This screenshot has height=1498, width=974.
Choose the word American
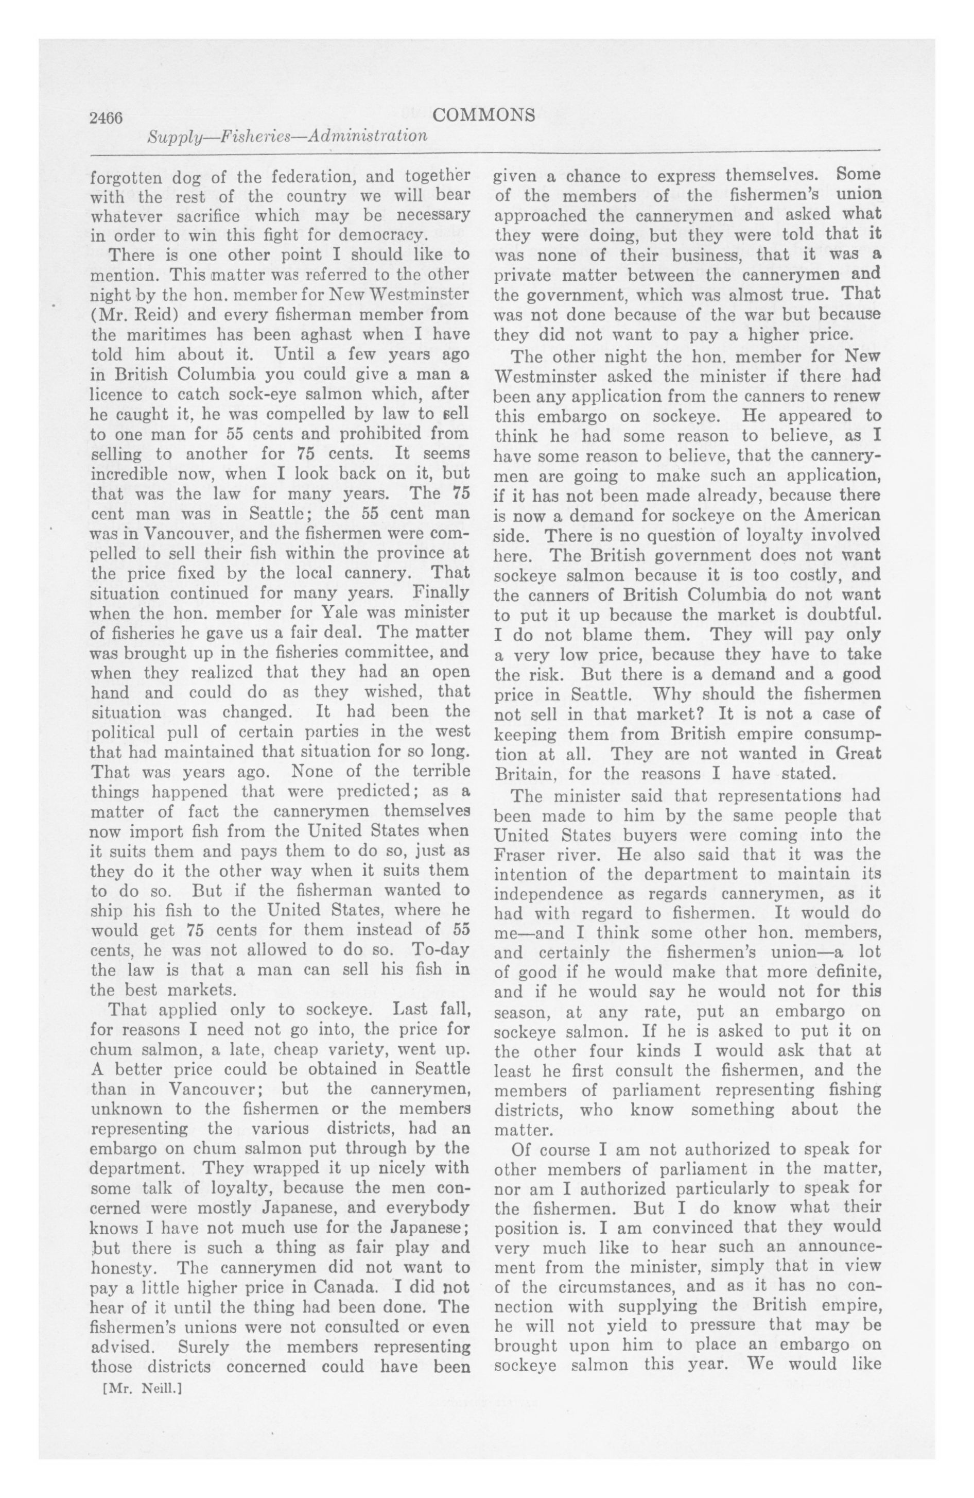tap(832, 514)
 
